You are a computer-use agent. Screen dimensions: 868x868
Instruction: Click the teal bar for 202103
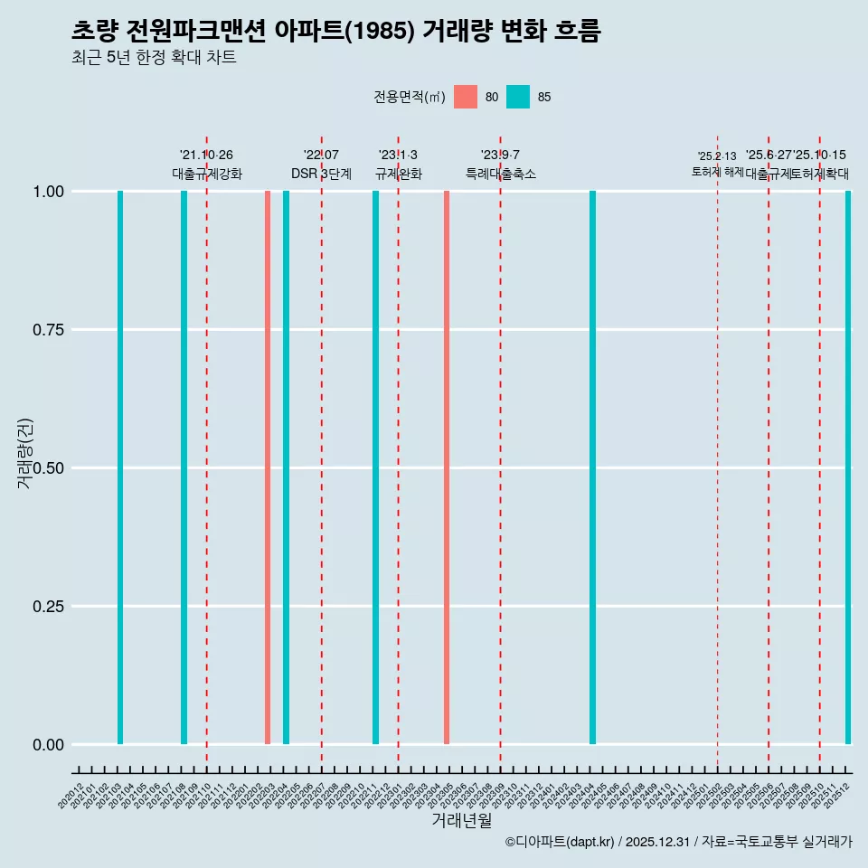pyautogui.click(x=120, y=467)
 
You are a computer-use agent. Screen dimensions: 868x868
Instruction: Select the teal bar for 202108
pyautogui.click(x=184, y=467)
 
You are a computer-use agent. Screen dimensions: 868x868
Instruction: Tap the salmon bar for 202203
pyautogui.click(x=268, y=467)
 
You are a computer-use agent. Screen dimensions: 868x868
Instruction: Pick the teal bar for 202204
pyautogui.click(x=286, y=467)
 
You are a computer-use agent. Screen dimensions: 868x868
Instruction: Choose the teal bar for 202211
pyautogui.click(x=375, y=467)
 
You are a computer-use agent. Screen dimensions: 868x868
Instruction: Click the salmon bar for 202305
pyautogui.click(x=447, y=467)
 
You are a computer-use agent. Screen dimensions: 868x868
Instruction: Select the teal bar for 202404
pyautogui.click(x=592, y=467)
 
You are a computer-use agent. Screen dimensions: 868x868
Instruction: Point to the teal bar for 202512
pyautogui.click(x=848, y=467)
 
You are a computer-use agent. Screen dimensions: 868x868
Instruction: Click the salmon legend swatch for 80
pyautogui.click(x=466, y=97)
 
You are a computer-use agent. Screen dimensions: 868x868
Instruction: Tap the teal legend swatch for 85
pyautogui.click(x=518, y=97)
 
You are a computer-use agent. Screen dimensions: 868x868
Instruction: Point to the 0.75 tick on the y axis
pyautogui.click(x=46, y=330)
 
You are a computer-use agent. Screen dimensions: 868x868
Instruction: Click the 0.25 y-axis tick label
pyautogui.click(x=46, y=607)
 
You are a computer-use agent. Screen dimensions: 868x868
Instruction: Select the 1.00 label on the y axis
pyautogui.click(x=46, y=192)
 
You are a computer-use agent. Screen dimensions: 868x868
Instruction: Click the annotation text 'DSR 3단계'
pyautogui.click(x=321, y=174)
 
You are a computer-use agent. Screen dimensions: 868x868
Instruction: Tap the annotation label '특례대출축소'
pyautogui.click(x=501, y=174)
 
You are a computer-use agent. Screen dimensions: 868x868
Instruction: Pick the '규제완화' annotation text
pyautogui.click(x=398, y=174)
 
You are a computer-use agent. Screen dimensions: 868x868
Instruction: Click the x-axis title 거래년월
pyautogui.click(x=461, y=821)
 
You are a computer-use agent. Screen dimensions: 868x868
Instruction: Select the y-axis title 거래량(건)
pyautogui.click(x=25, y=453)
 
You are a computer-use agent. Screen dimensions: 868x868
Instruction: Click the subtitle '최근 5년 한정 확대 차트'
pyautogui.click(x=154, y=58)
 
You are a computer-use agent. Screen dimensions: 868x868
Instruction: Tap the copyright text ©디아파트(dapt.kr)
pyautogui.click(x=560, y=842)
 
